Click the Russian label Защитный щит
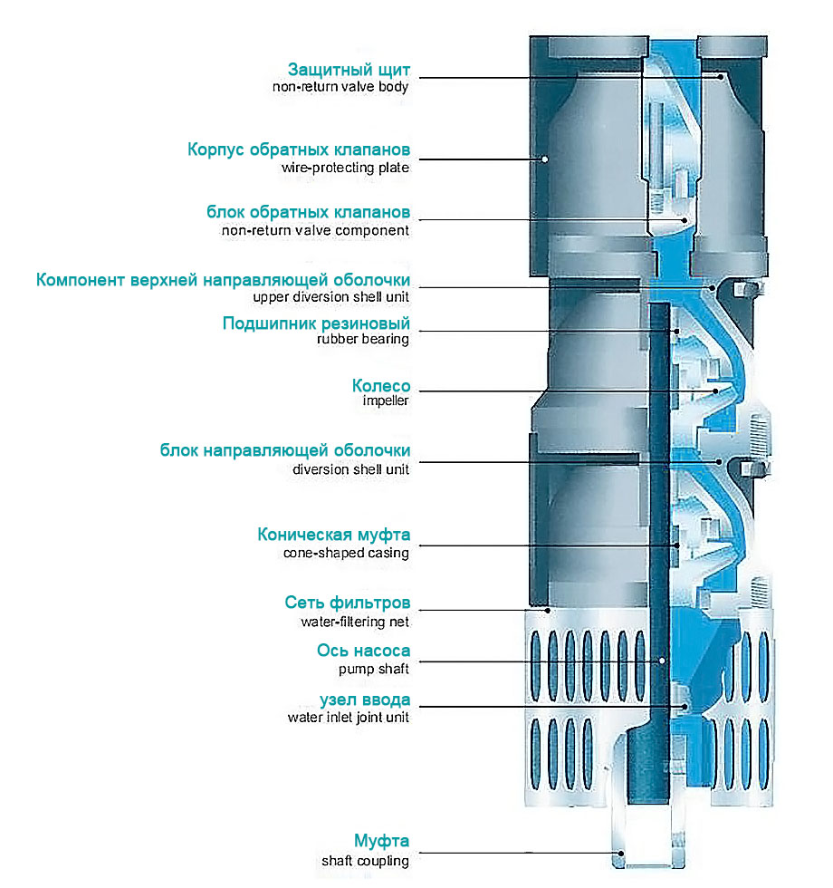point(349,70)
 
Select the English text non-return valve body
point(340,88)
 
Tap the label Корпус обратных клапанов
point(299,149)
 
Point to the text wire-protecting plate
point(345,168)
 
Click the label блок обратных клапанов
point(309,212)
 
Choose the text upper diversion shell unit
point(331,296)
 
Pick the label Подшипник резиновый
point(316,323)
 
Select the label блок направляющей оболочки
point(285,450)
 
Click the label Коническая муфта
point(333,535)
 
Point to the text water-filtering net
point(355,623)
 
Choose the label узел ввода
point(365,700)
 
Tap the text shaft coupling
point(365,861)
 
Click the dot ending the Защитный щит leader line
point(722,77)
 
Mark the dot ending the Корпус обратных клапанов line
point(545,160)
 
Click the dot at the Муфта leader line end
point(621,853)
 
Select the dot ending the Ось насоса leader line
point(663,661)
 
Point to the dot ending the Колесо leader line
point(715,391)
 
